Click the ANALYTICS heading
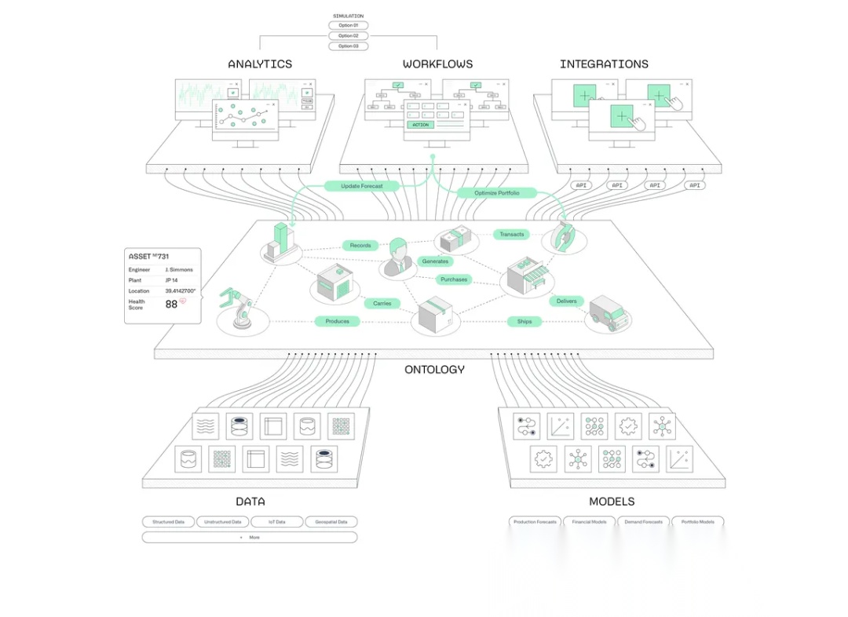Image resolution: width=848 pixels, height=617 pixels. click(260, 64)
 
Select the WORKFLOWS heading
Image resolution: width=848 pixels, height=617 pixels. click(438, 64)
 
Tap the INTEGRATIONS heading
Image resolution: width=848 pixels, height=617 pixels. click(604, 64)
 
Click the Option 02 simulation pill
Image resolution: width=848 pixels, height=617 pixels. click(348, 36)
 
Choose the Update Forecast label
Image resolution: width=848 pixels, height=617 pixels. click(362, 186)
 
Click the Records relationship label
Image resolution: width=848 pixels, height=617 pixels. click(360, 246)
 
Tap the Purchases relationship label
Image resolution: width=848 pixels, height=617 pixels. click(454, 279)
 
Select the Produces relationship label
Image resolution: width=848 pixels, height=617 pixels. click(337, 321)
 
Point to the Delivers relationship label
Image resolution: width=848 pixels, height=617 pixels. click(566, 301)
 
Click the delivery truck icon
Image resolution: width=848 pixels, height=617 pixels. click(609, 312)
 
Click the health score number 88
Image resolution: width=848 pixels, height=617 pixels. click(171, 304)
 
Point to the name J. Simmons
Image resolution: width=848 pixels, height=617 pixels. click(179, 269)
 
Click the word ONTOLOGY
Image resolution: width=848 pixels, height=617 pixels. click(434, 369)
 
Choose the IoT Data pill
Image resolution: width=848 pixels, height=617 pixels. click(277, 521)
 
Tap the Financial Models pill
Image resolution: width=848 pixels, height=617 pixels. click(589, 521)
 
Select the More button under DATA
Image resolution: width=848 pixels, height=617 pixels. click(250, 537)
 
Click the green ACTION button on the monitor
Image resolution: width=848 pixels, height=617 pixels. click(421, 124)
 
